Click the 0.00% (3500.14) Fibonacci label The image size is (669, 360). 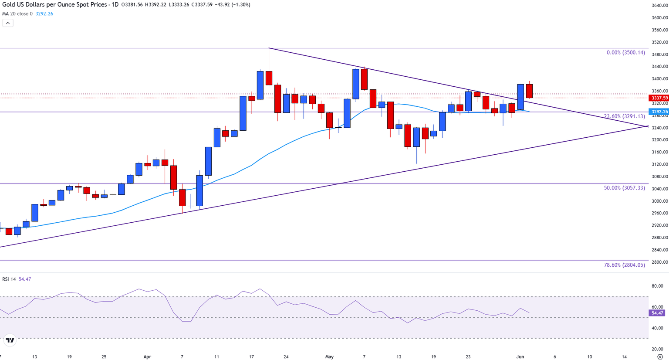point(625,52)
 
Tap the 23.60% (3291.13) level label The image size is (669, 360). point(624,116)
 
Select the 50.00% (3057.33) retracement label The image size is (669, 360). point(624,188)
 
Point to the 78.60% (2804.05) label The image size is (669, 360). point(624,265)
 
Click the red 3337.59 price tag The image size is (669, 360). point(659,98)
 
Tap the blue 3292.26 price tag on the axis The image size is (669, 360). point(659,112)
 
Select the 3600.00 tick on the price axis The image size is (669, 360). point(660,18)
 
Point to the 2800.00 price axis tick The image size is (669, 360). point(660,262)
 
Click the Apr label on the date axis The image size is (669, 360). point(147,357)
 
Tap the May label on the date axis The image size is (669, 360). point(329,357)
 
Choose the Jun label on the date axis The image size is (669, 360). point(520,357)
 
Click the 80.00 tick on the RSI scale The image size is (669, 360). point(657,286)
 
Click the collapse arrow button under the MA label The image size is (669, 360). point(8,23)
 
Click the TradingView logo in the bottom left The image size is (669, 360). point(10,340)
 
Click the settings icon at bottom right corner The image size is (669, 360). point(660,357)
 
